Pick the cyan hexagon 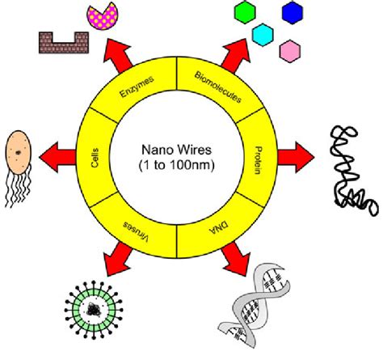(261, 34)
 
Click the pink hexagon (289, 50)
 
